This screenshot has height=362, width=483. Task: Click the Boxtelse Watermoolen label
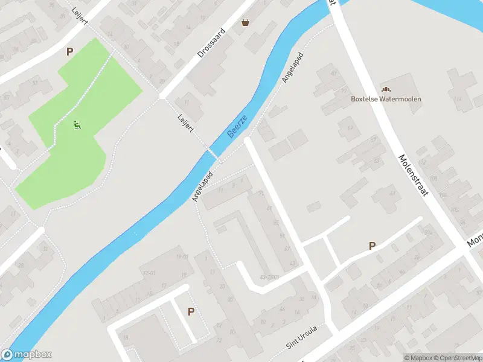(x=386, y=99)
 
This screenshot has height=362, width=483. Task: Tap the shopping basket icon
(x=246, y=23)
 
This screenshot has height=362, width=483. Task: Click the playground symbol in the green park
(x=77, y=125)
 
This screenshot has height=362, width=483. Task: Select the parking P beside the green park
(x=70, y=52)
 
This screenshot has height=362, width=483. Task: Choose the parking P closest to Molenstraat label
(x=372, y=246)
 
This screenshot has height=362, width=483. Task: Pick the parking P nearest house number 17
(x=191, y=311)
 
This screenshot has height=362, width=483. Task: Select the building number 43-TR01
(x=269, y=277)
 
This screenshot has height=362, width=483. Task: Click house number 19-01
(x=183, y=256)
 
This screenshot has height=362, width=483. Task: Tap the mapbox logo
(x=27, y=355)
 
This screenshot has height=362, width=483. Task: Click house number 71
(x=261, y=193)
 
